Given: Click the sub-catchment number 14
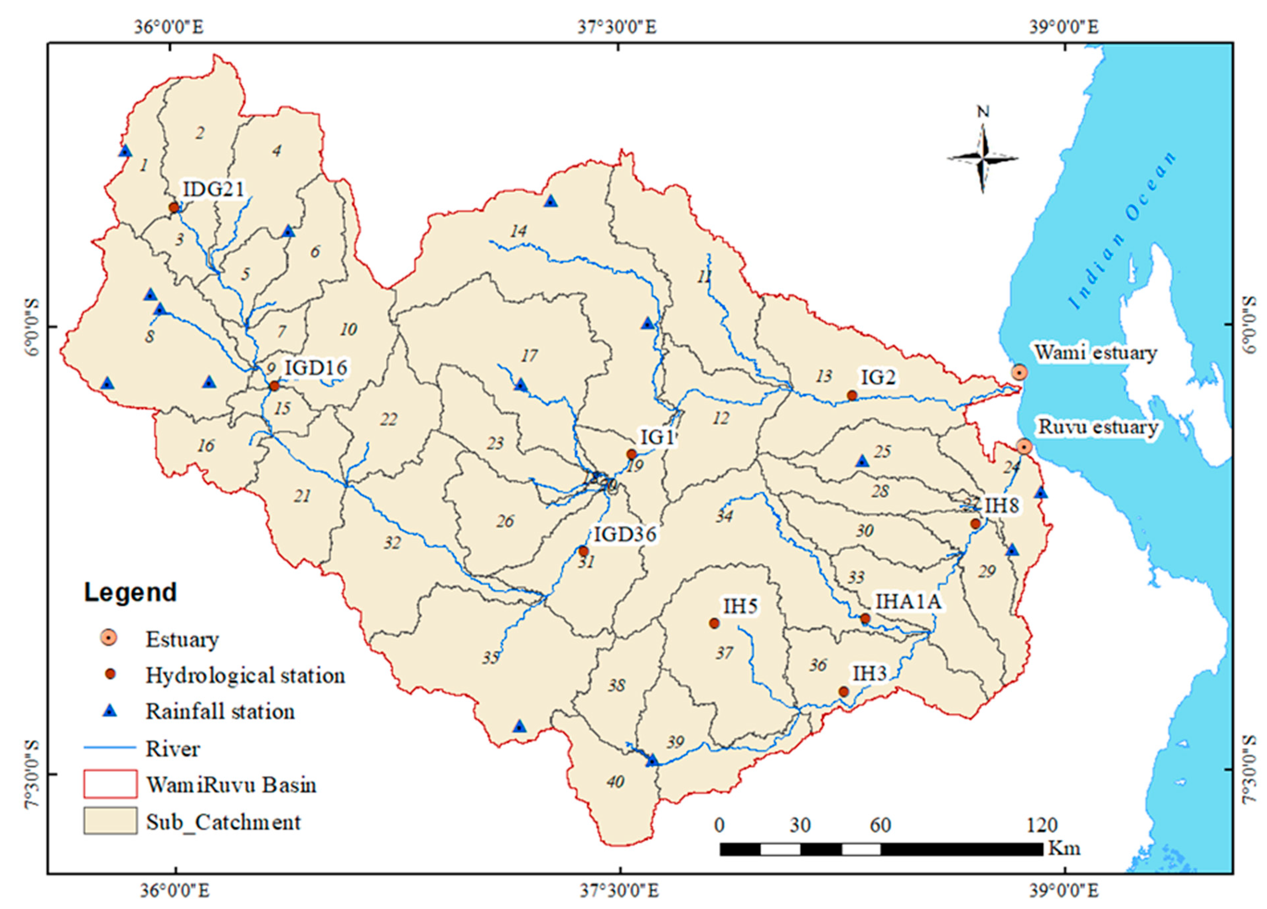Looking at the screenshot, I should [x=519, y=231].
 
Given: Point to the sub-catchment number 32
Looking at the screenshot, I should [x=392, y=543].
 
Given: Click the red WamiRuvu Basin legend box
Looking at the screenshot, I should [x=110, y=784].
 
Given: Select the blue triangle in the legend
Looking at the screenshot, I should [x=110, y=711].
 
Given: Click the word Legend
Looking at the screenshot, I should [x=130, y=592].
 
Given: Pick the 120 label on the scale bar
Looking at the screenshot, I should [x=1041, y=825].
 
